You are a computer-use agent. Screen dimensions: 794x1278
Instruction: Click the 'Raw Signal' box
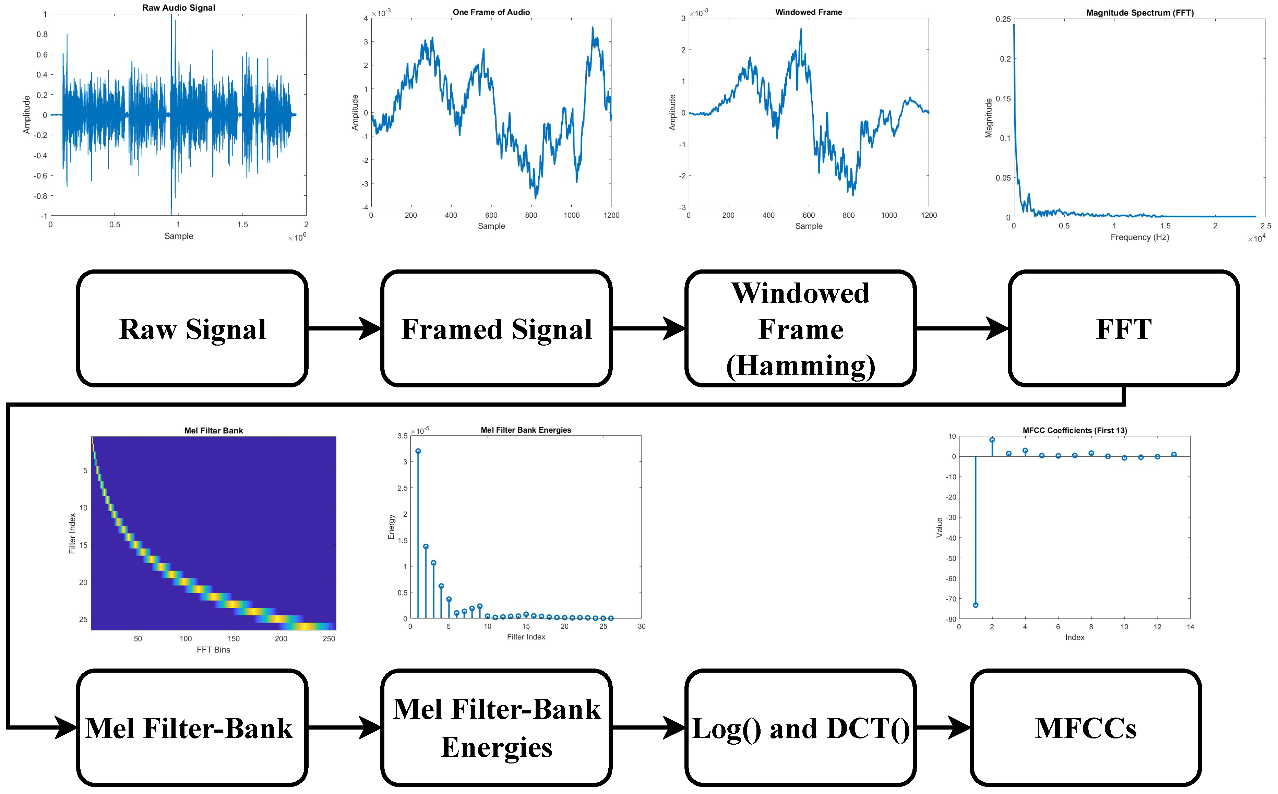[x=192, y=329]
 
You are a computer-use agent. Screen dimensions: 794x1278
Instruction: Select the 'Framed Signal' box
[x=497, y=329]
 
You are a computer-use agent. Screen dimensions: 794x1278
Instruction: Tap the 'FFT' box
[x=1124, y=329]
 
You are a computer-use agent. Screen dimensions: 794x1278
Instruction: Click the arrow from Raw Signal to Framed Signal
[x=344, y=329]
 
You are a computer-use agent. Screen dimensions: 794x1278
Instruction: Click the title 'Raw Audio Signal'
[x=179, y=8]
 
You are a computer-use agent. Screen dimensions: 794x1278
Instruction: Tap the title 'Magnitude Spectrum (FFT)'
[x=1140, y=13]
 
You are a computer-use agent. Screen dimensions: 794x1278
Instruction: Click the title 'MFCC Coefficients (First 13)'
[x=1075, y=431]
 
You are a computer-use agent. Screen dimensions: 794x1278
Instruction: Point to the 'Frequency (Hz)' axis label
[x=1140, y=237]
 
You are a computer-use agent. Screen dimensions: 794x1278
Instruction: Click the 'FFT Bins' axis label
[x=213, y=650]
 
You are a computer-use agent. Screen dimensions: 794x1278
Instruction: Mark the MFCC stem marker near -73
[x=976, y=605]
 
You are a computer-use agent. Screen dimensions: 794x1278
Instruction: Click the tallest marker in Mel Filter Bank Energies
[x=418, y=451]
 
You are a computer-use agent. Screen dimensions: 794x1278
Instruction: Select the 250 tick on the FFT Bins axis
[x=329, y=639]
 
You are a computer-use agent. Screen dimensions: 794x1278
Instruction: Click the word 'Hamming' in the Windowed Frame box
[x=801, y=366]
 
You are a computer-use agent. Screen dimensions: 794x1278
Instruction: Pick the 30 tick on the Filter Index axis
[x=641, y=626]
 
